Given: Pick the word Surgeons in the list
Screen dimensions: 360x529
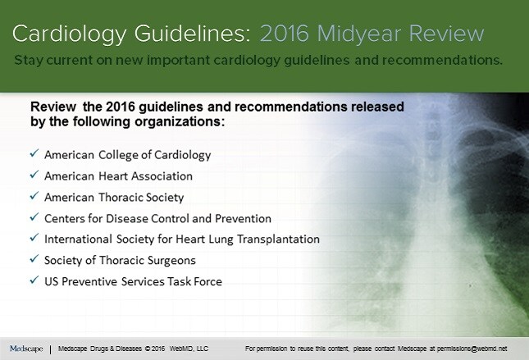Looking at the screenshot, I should coord(173,261).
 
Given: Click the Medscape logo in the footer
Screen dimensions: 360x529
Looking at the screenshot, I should coord(26,349).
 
